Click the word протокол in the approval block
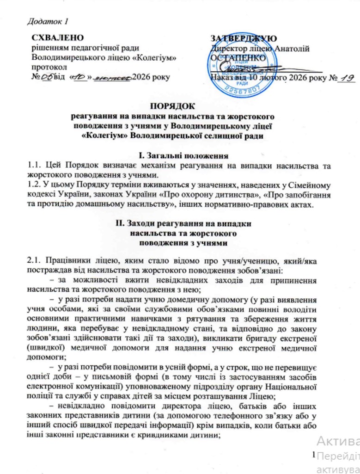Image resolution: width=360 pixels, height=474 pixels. click(x=48, y=68)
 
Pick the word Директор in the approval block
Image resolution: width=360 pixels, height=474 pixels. click(x=227, y=48)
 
